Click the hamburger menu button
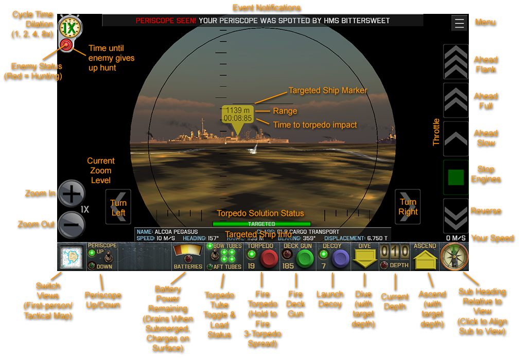point(459,23)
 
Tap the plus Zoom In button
point(71,193)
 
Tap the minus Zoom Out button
point(71,224)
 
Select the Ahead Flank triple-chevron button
point(455,62)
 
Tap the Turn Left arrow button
point(118,207)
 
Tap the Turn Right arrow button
point(408,207)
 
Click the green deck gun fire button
point(305,258)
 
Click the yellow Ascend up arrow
point(425,259)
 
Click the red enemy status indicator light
point(66,45)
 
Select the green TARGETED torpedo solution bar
point(261,224)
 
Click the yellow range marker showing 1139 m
point(238,115)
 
